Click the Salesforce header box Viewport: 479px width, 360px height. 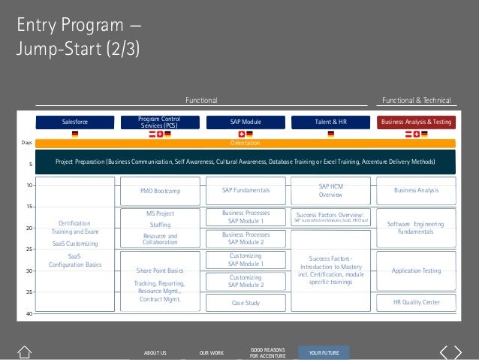(x=74, y=121)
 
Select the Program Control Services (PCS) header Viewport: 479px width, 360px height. (x=159, y=121)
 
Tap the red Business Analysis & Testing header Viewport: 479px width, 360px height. (x=417, y=121)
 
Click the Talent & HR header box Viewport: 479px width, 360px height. (x=331, y=121)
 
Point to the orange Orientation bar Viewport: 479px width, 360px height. (x=246, y=142)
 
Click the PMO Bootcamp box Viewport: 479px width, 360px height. (x=159, y=192)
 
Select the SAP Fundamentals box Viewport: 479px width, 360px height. (x=246, y=192)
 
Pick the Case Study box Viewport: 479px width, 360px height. (x=246, y=303)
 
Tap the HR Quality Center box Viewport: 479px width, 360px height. (x=417, y=303)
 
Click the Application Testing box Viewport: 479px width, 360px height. (x=417, y=270)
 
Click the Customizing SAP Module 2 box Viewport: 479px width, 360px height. (x=246, y=281)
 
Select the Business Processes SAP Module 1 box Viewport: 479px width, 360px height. (x=246, y=217)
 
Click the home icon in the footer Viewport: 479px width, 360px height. (x=25, y=352)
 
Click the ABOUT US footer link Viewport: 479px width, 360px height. (x=155, y=352)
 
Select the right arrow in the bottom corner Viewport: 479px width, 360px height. (x=457, y=352)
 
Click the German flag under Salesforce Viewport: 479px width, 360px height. (x=74, y=135)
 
